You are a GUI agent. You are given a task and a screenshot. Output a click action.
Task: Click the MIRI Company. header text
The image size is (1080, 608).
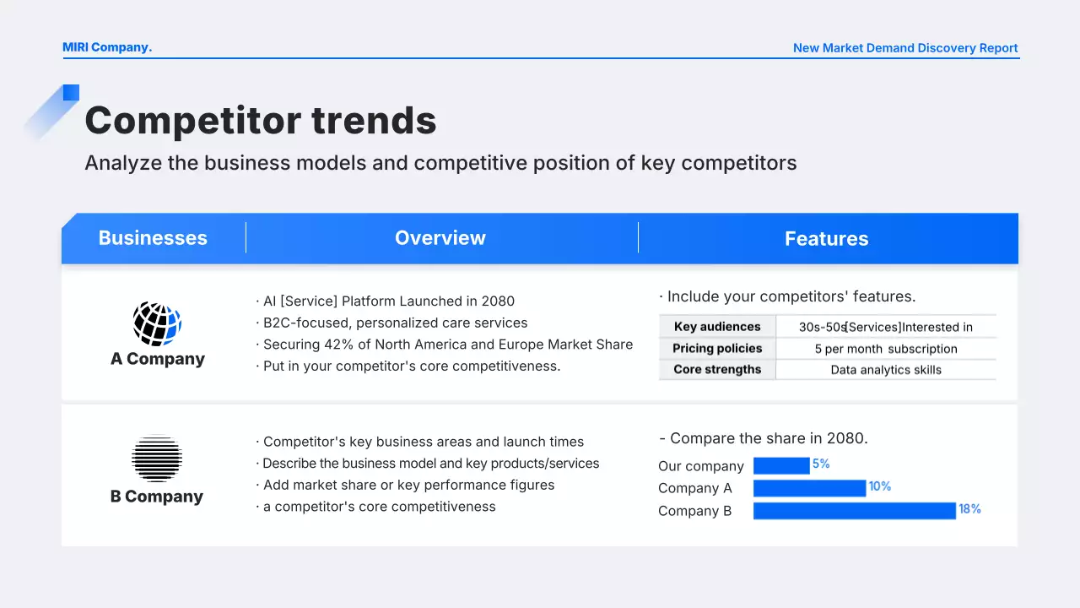pos(107,47)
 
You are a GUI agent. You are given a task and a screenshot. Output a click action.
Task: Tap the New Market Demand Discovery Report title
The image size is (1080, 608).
pos(905,48)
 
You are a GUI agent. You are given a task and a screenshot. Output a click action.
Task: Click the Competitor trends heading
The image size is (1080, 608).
pos(261,120)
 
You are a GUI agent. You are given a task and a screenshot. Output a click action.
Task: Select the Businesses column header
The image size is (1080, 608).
pos(153,238)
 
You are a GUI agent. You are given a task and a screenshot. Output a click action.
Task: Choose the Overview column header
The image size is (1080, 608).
pos(440,238)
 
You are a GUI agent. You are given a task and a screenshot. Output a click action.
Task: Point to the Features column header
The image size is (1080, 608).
pos(826,239)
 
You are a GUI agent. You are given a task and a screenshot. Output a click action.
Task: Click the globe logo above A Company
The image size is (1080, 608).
pos(157,323)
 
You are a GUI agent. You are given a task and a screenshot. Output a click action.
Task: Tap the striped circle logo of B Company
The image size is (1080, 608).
pos(157,458)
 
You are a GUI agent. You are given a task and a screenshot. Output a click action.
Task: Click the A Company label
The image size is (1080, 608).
pos(158,359)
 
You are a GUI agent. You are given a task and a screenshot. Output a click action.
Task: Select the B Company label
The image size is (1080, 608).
pos(157,497)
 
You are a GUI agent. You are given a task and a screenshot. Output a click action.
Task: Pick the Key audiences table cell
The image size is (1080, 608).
pos(717,327)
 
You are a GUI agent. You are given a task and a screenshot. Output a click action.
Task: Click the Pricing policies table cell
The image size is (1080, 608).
pos(717,349)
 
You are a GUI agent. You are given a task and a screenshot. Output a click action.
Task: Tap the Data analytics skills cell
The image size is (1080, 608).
pos(886,370)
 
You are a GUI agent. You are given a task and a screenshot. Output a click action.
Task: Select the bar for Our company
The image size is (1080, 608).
pos(781,465)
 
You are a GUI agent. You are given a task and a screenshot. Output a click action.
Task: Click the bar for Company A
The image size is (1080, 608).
pos(809,488)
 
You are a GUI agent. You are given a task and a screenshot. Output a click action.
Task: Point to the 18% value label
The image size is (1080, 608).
pos(969,509)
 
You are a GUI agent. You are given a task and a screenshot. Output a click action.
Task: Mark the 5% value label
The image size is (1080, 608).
pos(821,464)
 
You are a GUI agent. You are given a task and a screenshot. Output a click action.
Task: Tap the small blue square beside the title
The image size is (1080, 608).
pos(71,93)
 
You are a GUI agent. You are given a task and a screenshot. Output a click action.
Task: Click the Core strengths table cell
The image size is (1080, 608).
pos(717,370)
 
